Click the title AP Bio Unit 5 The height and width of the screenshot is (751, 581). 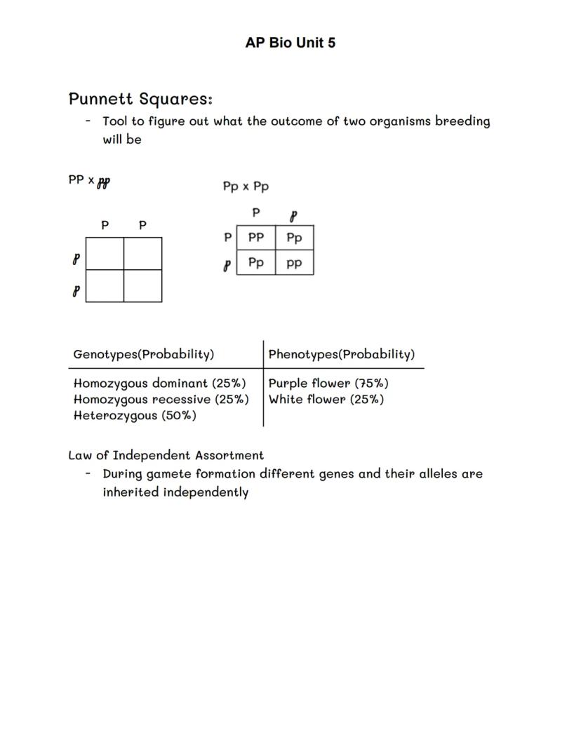pos(290,43)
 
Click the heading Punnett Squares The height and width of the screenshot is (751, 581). pos(140,99)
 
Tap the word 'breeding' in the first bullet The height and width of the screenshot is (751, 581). pos(462,121)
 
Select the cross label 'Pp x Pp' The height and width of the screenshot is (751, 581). pos(246,187)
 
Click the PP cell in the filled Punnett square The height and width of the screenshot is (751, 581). pos(256,238)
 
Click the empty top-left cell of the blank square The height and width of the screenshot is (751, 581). pos(105,254)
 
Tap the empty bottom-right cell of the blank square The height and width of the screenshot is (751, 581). pos(143,286)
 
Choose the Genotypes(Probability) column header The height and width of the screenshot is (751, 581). pos(144,354)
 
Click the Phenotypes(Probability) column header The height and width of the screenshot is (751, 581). pos(342,354)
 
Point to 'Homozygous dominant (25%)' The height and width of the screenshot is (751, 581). pos(160,384)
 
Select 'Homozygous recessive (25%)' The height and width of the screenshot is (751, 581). pos(161,400)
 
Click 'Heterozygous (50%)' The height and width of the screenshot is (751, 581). pos(135,416)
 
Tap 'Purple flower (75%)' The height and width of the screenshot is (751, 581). pos(328,384)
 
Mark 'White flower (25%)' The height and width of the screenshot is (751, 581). pos(326,400)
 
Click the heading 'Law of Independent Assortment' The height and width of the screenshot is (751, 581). pos(166,455)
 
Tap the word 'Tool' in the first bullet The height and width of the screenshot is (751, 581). pos(115,121)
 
